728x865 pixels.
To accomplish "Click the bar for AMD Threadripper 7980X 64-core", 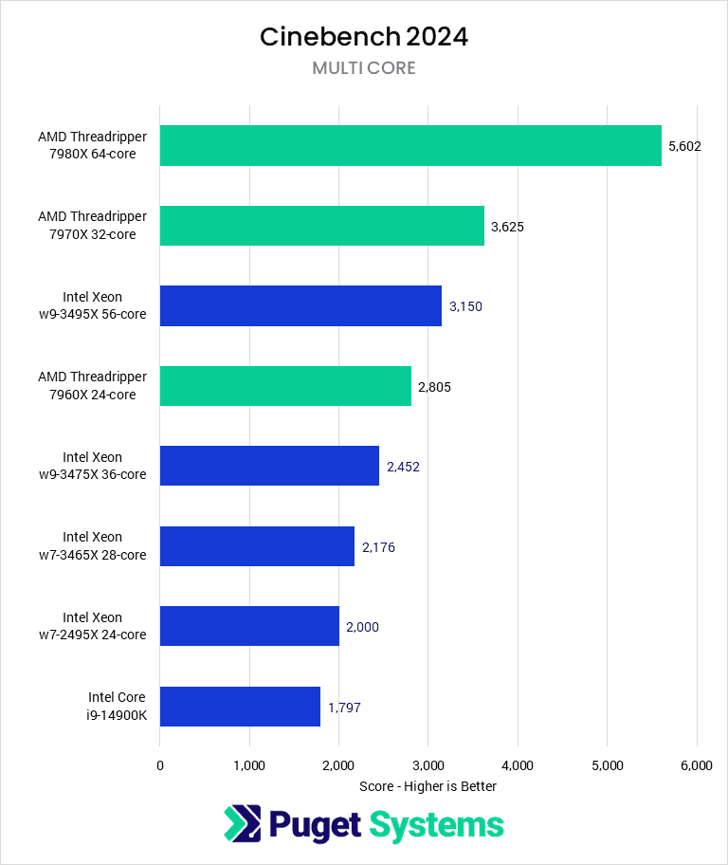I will (410, 145).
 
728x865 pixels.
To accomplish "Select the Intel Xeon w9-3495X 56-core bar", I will (300, 305).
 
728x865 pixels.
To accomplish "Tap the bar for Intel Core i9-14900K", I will (240, 706).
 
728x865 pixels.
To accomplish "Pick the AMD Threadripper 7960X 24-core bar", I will (285, 385).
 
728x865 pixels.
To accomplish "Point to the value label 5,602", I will (684, 146).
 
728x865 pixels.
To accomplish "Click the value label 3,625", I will (507, 227).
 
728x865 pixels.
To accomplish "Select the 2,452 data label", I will (403, 467).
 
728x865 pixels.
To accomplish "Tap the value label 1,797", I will (344, 708).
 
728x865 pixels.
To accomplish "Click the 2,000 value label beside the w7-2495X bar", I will (362, 627).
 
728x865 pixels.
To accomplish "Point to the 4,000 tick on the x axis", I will (518, 765).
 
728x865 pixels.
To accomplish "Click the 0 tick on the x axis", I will (160, 765).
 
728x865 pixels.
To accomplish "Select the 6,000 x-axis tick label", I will (697, 765).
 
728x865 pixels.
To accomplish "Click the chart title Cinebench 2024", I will (364, 37).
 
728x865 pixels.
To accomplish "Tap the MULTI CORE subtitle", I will (364, 68).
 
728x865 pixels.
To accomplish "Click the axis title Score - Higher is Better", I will (428, 786).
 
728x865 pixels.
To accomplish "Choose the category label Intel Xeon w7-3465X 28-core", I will (104, 546).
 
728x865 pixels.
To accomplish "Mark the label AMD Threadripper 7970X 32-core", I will (93, 226).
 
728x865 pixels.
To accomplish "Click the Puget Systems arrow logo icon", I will (242, 823).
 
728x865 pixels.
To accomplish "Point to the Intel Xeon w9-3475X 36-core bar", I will (269, 466).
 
